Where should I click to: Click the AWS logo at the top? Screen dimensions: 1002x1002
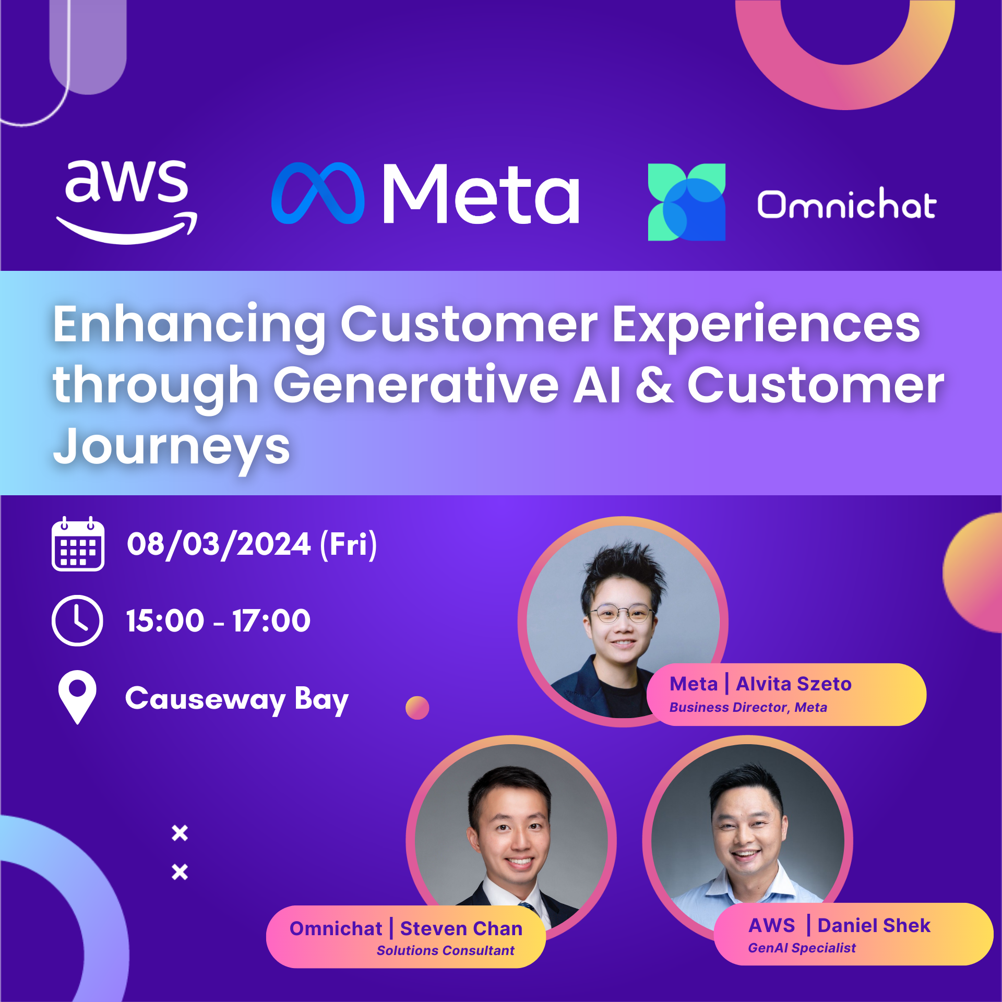pyautogui.click(x=127, y=201)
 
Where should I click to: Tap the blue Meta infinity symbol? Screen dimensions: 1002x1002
pyautogui.click(x=318, y=193)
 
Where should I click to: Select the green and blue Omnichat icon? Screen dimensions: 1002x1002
pyautogui.click(x=686, y=202)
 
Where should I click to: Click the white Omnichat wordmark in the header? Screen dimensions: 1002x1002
pyautogui.click(x=847, y=204)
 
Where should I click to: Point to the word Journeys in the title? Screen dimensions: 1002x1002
pyautogui.click(x=172, y=447)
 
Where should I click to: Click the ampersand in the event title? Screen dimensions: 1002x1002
pyautogui.click(x=654, y=385)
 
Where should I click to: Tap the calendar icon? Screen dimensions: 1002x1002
pyautogui.click(x=78, y=544)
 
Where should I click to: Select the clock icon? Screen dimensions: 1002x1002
pyautogui.click(x=78, y=621)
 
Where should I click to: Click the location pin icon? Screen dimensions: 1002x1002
pyautogui.click(x=78, y=697)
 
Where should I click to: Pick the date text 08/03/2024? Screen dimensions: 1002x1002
pyautogui.click(x=219, y=544)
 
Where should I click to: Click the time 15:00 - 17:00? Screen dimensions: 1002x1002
pyautogui.click(x=218, y=621)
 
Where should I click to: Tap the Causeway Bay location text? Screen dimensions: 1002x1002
pyautogui.click(x=237, y=699)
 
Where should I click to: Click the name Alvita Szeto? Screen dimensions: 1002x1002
pyautogui.click(x=794, y=684)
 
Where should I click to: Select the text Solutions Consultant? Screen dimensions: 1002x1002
pyautogui.click(x=446, y=950)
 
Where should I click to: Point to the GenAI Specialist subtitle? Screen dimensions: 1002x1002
pyautogui.click(x=802, y=948)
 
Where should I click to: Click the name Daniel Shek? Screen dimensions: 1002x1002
pyautogui.click(x=874, y=925)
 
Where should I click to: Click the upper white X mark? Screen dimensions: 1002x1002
pyautogui.click(x=180, y=833)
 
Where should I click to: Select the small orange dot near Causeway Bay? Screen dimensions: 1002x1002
pyautogui.click(x=417, y=708)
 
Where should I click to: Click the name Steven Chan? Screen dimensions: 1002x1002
pyautogui.click(x=461, y=928)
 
